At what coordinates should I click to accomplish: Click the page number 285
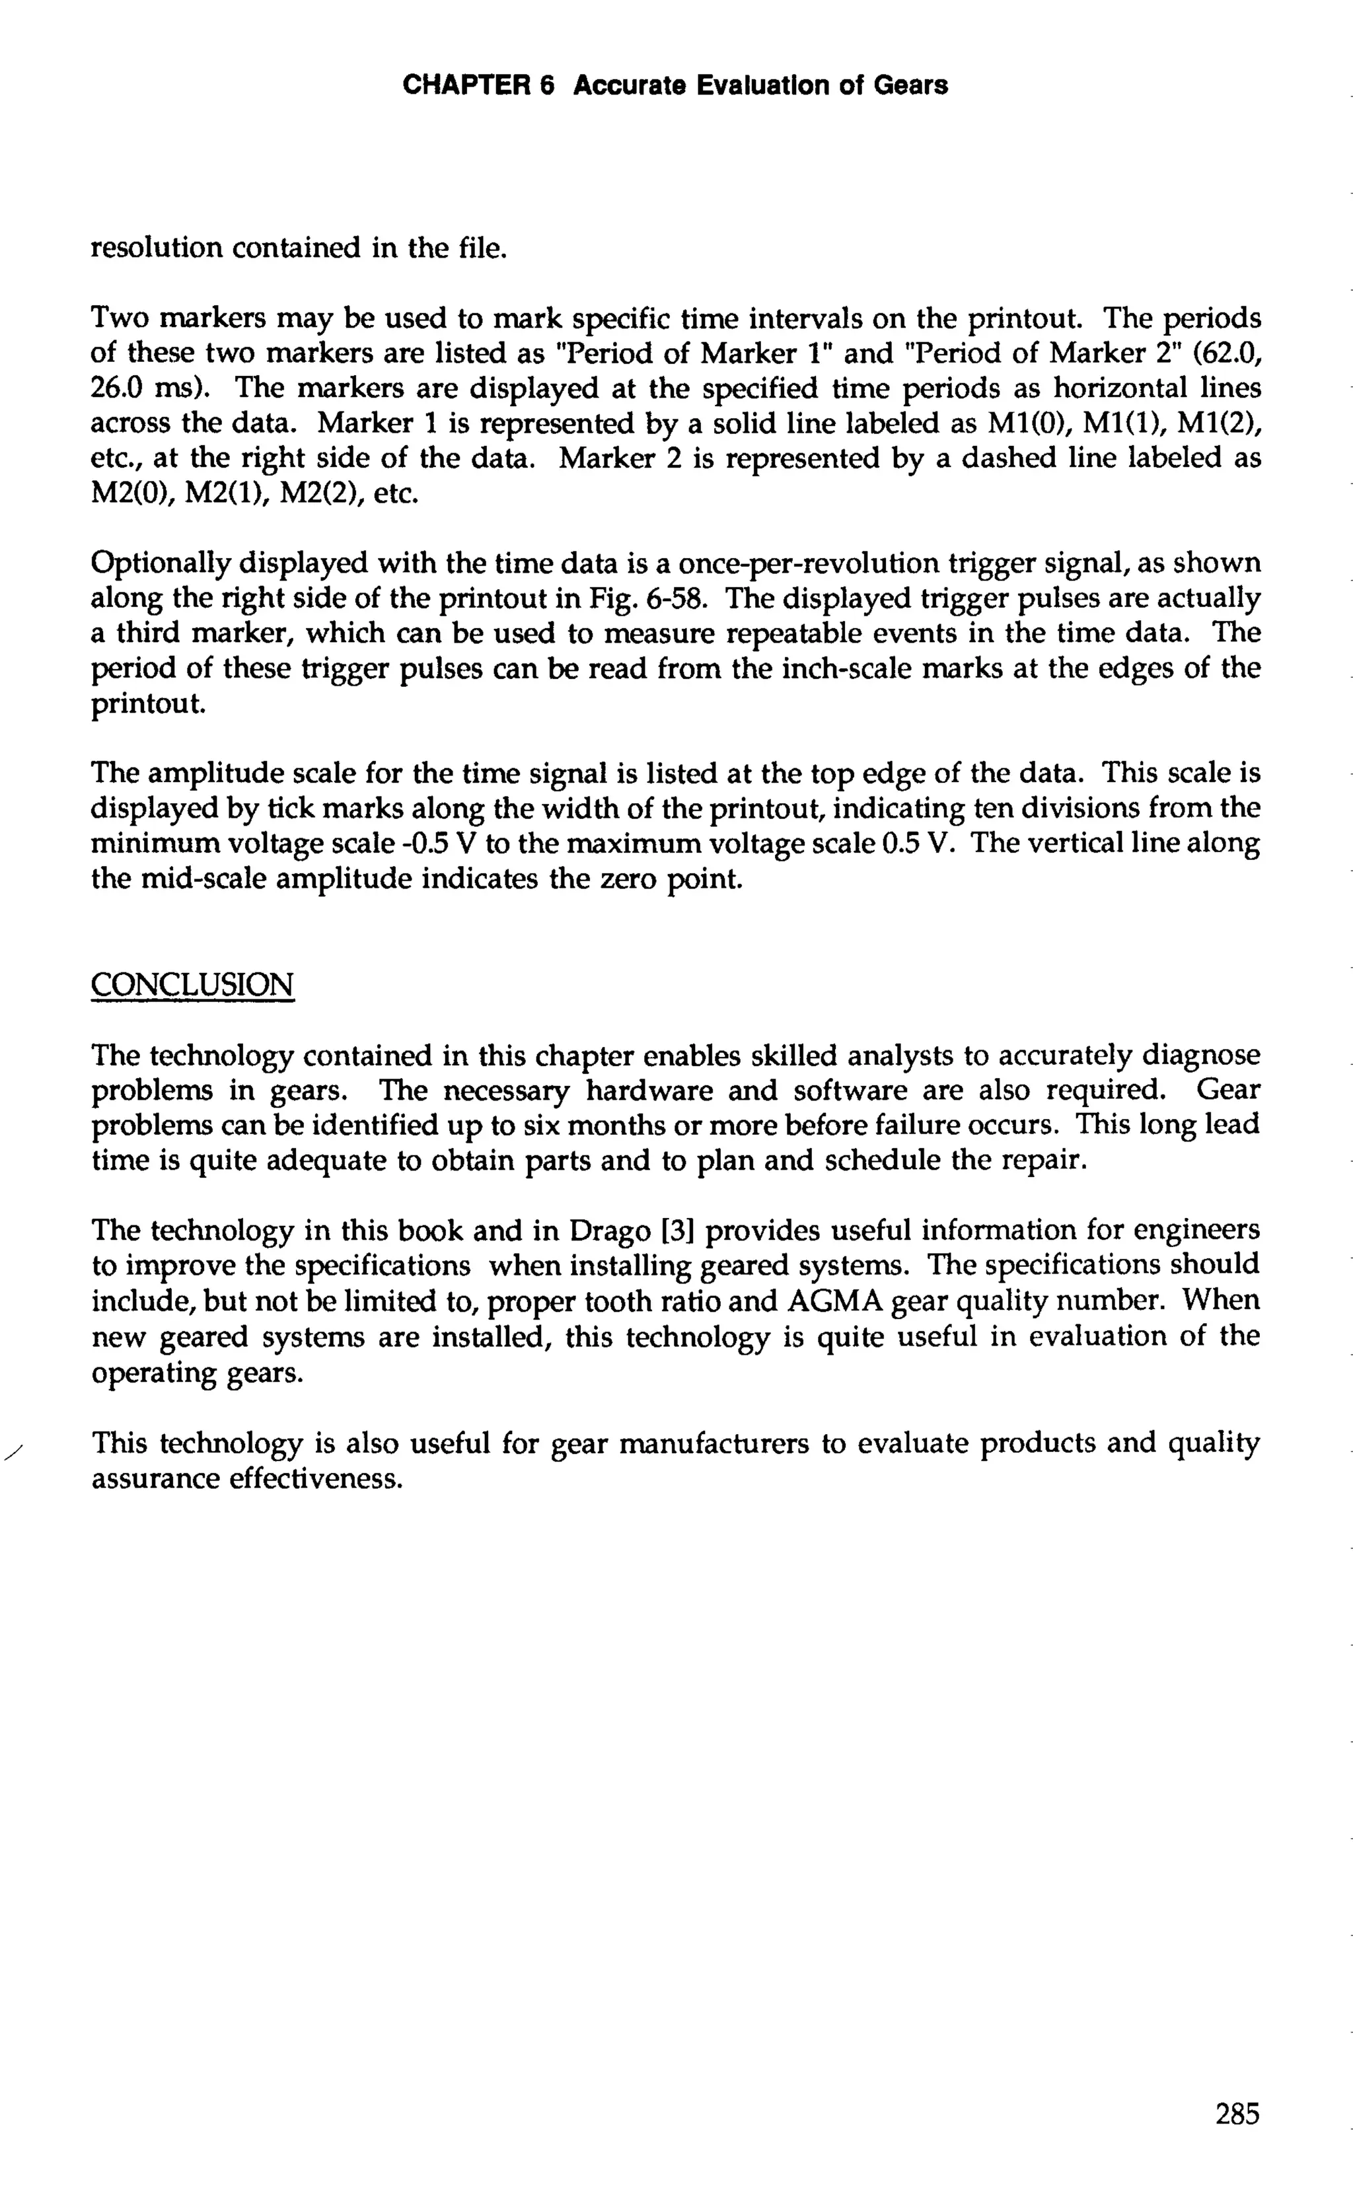(1237, 2114)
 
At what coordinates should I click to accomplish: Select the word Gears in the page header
(910, 86)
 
